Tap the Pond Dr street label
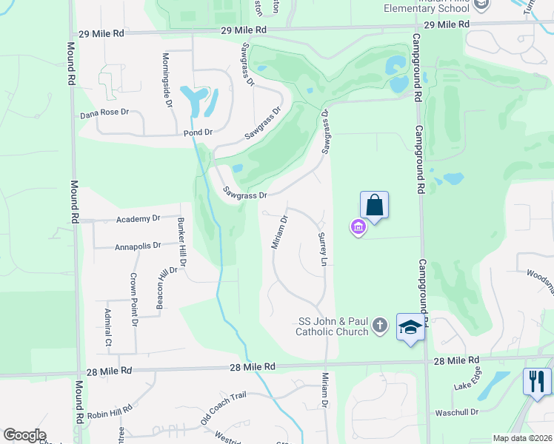coord(198,132)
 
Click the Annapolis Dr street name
coord(138,246)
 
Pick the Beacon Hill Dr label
coord(158,286)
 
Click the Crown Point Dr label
coord(134,299)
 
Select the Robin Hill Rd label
coord(110,410)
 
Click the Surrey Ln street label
coord(322,248)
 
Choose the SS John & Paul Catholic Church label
coord(333,326)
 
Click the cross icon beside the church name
coord(380,325)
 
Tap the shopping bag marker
coord(375,204)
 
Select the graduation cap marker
coord(410,327)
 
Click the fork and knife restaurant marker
coord(537,382)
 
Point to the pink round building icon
coord(358,226)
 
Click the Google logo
coord(24,435)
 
